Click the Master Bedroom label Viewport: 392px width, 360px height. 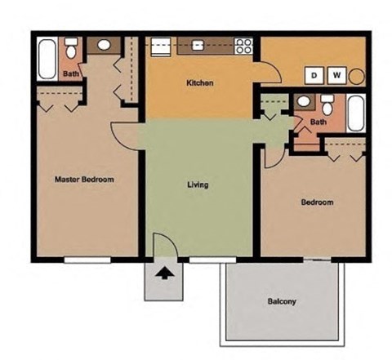83,179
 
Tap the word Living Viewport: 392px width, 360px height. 198,184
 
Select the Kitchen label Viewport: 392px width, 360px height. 200,82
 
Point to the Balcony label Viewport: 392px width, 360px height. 282,301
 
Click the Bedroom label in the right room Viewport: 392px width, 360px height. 317,202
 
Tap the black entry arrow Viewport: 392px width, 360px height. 164,273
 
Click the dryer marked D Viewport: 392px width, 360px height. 314,76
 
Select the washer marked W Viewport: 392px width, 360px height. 336,76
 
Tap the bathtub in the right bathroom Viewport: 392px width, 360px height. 358,114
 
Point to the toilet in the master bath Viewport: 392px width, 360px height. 72,51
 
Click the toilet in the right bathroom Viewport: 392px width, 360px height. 327,104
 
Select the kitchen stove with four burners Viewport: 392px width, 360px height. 243,46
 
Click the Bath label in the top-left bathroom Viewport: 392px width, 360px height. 71,74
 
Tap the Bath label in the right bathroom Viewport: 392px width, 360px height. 318,122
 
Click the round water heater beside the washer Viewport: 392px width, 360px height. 357,76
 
